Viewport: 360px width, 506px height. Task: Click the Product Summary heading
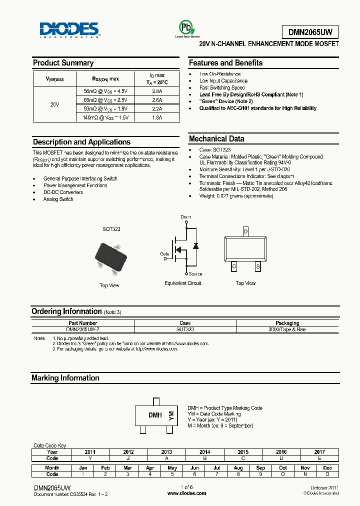pos(63,63)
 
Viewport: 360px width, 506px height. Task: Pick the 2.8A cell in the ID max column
pos(157,91)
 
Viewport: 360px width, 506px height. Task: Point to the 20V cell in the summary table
pos(55,104)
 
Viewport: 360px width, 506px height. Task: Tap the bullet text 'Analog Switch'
pos(58,199)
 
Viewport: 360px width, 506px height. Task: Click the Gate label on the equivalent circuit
pos(164,253)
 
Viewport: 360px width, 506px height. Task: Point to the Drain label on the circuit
pos(186,217)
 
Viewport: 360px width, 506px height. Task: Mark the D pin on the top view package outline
pos(245,232)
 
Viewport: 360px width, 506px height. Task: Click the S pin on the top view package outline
pos(258,267)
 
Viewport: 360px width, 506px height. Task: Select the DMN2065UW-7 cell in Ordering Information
pos(83,329)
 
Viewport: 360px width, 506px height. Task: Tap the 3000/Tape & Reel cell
pos(287,329)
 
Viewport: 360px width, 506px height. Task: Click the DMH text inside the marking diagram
pos(154,415)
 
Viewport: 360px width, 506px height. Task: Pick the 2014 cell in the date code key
pos(205,451)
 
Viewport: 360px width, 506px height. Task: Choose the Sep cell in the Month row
pos(260,467)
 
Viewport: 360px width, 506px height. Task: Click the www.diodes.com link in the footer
pos(186,493)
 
